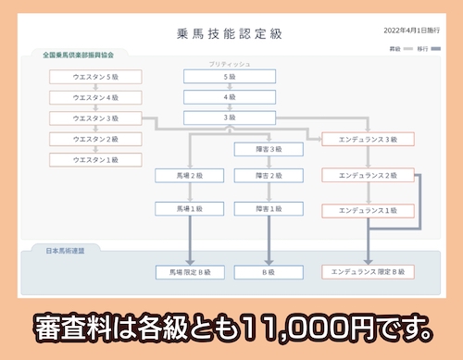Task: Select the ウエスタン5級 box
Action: [x=96, y=77]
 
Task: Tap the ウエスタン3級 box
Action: [x=96, y=118]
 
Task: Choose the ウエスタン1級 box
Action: [x=96, y=159]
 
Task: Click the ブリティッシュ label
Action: [x=230, y=64]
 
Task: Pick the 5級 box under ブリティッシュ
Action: [x=230, y=77]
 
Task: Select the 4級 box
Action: [x=230, y=97]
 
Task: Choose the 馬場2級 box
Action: [x=189, y=174]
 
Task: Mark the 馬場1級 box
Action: [x=189, y=210]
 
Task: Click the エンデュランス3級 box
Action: [x=368, y=139]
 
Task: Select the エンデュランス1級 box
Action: [x=368, y=210]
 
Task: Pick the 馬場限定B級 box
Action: [x=189, y=272]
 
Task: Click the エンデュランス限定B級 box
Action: [x=368, y=272]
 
